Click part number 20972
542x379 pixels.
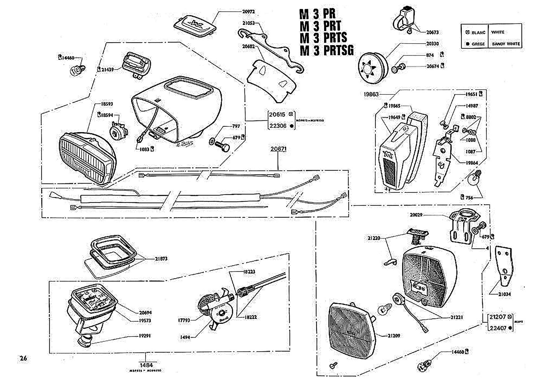[x=248, y=12]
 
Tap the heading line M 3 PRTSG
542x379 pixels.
[x=326, y=50]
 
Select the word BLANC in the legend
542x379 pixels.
[x=478, y=33]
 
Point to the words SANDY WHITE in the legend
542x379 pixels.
[x=506, y=44]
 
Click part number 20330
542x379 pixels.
[x=432, y=44]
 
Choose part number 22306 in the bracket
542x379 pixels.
[x=278, y=126]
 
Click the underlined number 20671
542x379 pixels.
[x=278, y=149]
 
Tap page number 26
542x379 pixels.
[x=23, y=358]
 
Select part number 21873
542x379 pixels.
[x=161, y=259]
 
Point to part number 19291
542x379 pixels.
[x=145, y=336]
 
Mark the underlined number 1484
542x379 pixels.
[x=146, y=365]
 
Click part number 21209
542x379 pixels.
[x=394, y=336]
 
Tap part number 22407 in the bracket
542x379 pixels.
[x=498, y=328]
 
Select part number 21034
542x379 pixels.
[x=504, y=294]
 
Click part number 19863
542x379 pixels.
[x=371, y=94]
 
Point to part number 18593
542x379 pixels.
[x=107, y=104]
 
